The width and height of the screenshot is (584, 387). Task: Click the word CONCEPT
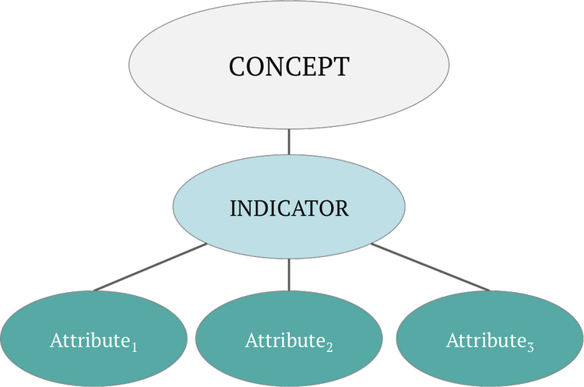(x=289, y=66)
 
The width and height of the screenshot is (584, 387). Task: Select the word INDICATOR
(x=289, y=209)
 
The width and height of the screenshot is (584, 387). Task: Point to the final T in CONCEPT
(x=341, y=66)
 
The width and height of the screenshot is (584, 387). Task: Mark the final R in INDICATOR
(x=342, y=209)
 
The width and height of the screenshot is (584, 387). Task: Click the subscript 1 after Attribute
(x=135, y=347)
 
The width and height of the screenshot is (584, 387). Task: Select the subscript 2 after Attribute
(x=330, y=347)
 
